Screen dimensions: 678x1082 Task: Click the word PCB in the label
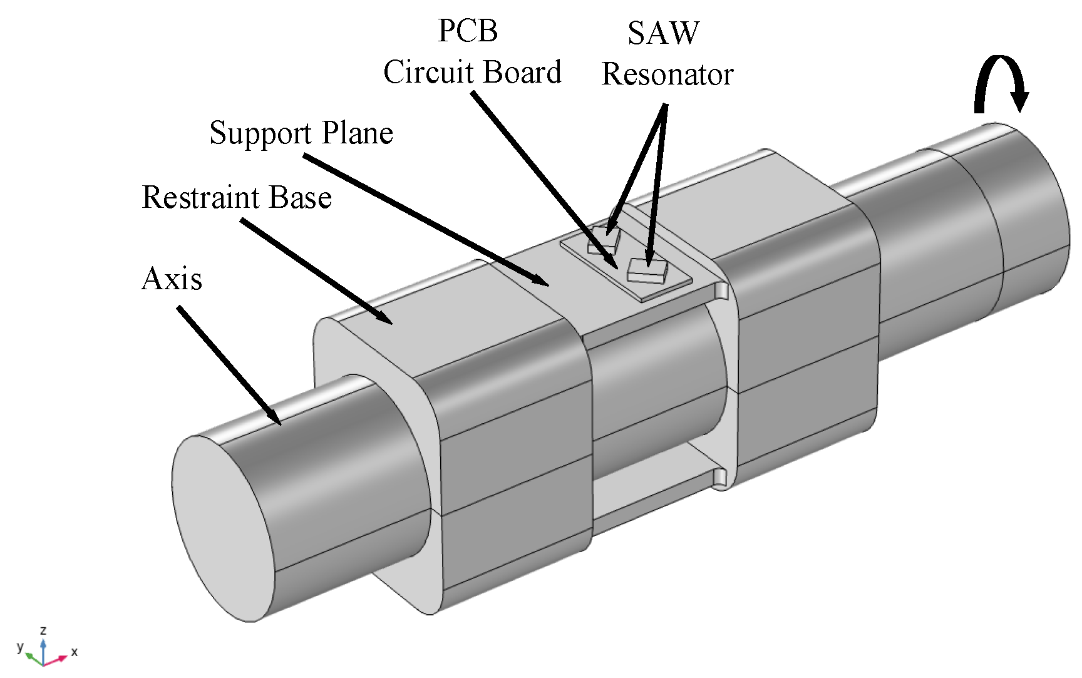pyautogui.click(x=468, y=31)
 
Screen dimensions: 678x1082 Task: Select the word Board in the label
pyautogui.click(x=522, y=73)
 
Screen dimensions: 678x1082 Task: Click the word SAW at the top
pyautogui.click(x=663, y=34)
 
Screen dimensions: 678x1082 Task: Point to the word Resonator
pyautogui.click(x=667, y=76)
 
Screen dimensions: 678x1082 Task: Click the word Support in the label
pyautogui.click(x=260, y=134)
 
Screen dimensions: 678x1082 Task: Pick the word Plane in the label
pyautogui.click(x=358, y=133)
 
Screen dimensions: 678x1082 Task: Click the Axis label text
pyautogui.click(x=172, y=279)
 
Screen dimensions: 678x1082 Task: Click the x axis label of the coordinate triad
pyautogui.click(x=75, y=652)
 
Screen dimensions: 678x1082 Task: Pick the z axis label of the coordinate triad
pyautogui.click(x=43, y=630)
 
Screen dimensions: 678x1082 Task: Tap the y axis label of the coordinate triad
pyautogui.click(x=20, y=646)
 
